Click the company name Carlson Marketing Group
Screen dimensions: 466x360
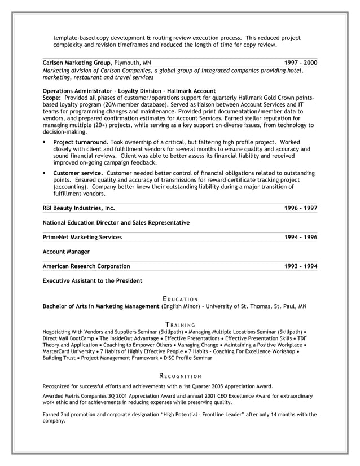pyautogui.click(x=77, y=63)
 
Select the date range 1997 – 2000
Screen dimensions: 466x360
pyautogui.click(x=301, y=63)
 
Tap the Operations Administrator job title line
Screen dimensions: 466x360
pyautogui.click(x=129, y=90)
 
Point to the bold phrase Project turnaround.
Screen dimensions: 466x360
pyautogui.click(x=80, y=142)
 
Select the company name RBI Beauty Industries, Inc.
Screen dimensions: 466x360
pyautogui.click(x=78, y=208)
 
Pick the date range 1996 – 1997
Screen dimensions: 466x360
pyautogui.click(x=301, y=208)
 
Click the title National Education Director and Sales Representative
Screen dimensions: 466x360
pyautogui.click(x=116, y=223)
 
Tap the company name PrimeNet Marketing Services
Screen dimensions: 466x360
pyautogui.click(x=82, y=237)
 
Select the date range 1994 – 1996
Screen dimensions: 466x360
pyautogui.click(x=301, y=237)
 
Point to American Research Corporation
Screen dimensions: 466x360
pyautogui.click(x=86, y=266)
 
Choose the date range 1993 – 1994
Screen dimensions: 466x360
pyautogui.click(x=301, y=266)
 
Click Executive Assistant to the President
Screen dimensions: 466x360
pyautogui.click(x=93, y=280)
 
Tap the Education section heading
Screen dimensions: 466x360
pyautogui.click(x=180, y=298)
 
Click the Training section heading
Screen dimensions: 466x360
pyautogui.click(x=180, y=324)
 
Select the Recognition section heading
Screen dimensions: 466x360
pyautogui.click(x=180, y=376)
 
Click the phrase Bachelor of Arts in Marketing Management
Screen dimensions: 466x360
pyautogui.click(x=101, y=306)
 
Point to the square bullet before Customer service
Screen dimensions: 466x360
pyautogui.click(x=45, y=173)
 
